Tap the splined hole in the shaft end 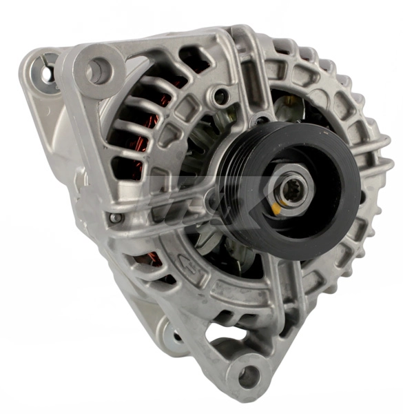[289, 186]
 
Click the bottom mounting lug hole [249, 376]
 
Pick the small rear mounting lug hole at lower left [178, 336]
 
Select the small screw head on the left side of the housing [115, 218]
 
